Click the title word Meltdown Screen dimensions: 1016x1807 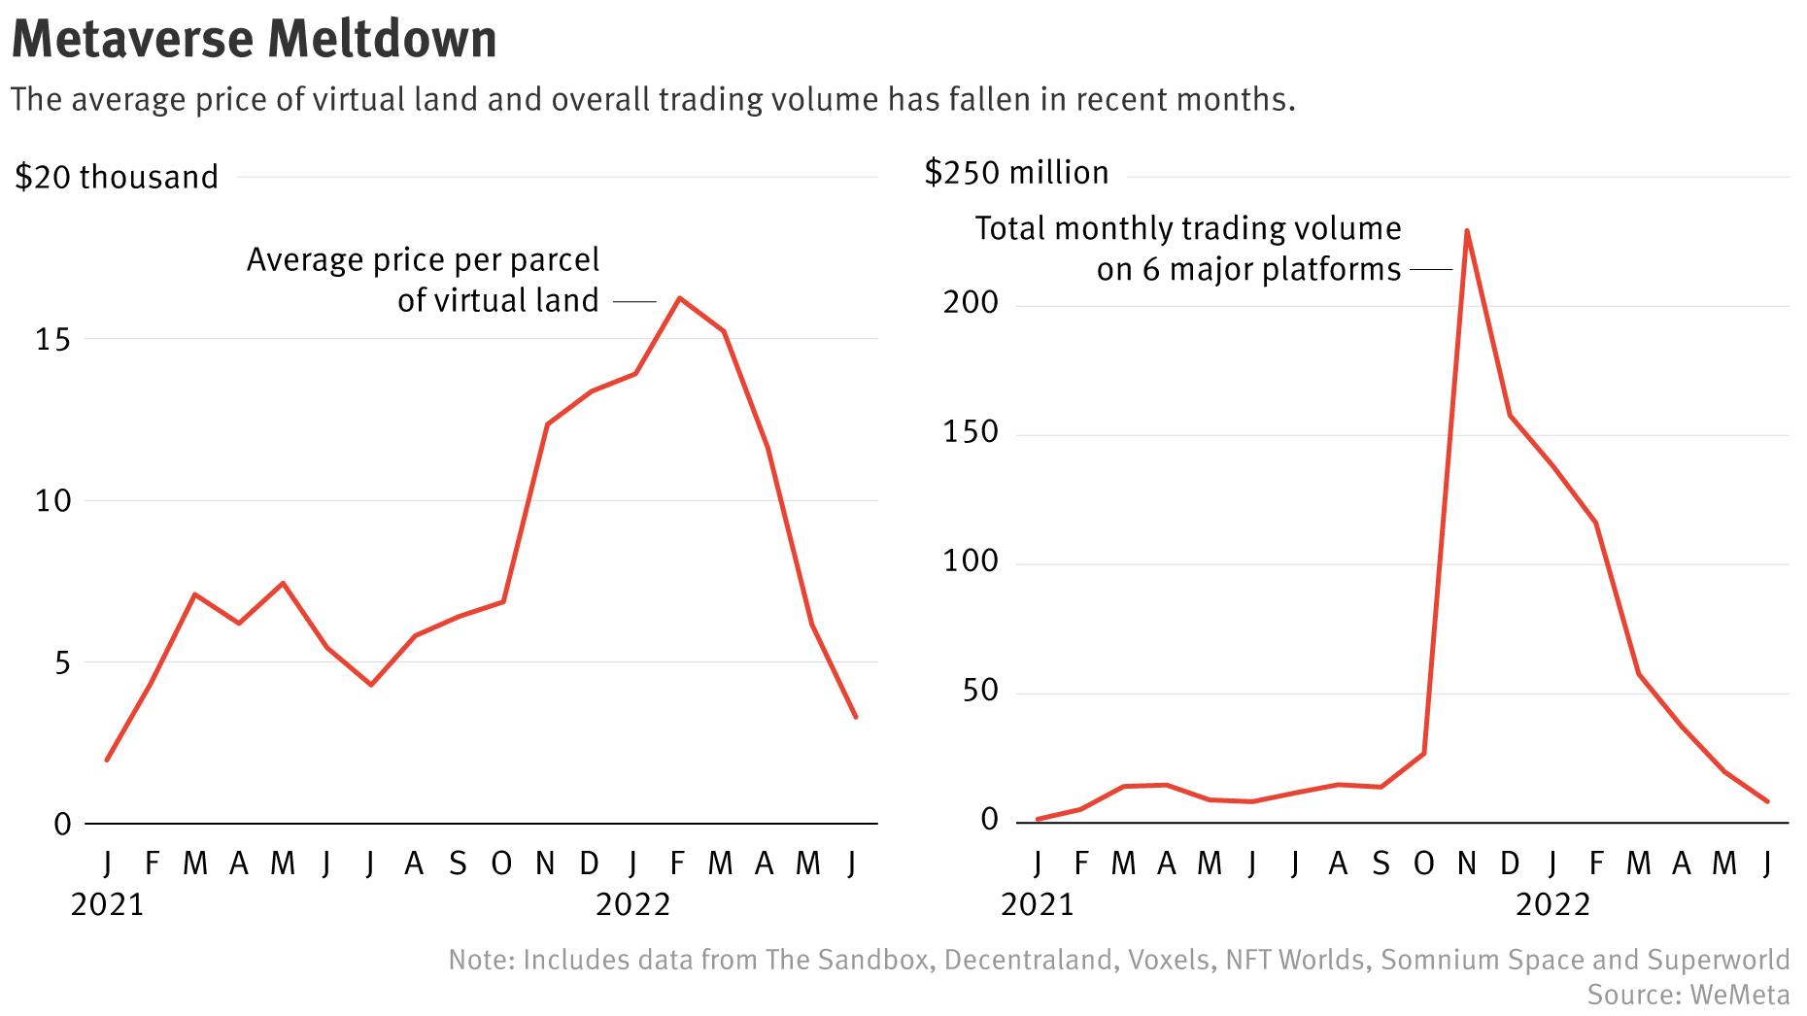[x=383, y=39]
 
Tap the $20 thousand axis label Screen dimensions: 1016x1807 [x=117, y=178]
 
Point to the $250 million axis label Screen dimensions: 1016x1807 [x=1016, y=173]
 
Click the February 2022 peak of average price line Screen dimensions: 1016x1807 [x=680, y=298]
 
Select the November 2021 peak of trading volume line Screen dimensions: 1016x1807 [x=1466, y=231]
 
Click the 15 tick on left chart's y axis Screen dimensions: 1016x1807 [x=54, y=339]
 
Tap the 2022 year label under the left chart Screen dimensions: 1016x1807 [x=633, y=905]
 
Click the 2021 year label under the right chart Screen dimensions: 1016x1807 [x=1038, y=905]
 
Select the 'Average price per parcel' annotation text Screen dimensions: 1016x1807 [x=423, y=260]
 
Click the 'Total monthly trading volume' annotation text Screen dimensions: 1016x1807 [x=1187, y=229]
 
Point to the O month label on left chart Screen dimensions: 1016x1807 [x=501, y=863]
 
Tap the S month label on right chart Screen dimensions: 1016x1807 [x=1381, y=863]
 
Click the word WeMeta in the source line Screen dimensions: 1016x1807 [x=1739, y=995]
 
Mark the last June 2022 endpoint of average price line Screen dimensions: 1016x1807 [x=855, y=717]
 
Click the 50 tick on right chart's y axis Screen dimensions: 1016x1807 [x=977, y=691]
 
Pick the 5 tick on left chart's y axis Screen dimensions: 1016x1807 [x=63, y=663]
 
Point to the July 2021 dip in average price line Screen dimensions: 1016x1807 [x=371, y=685]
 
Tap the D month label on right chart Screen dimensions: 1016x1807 [x=1510, y=863]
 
